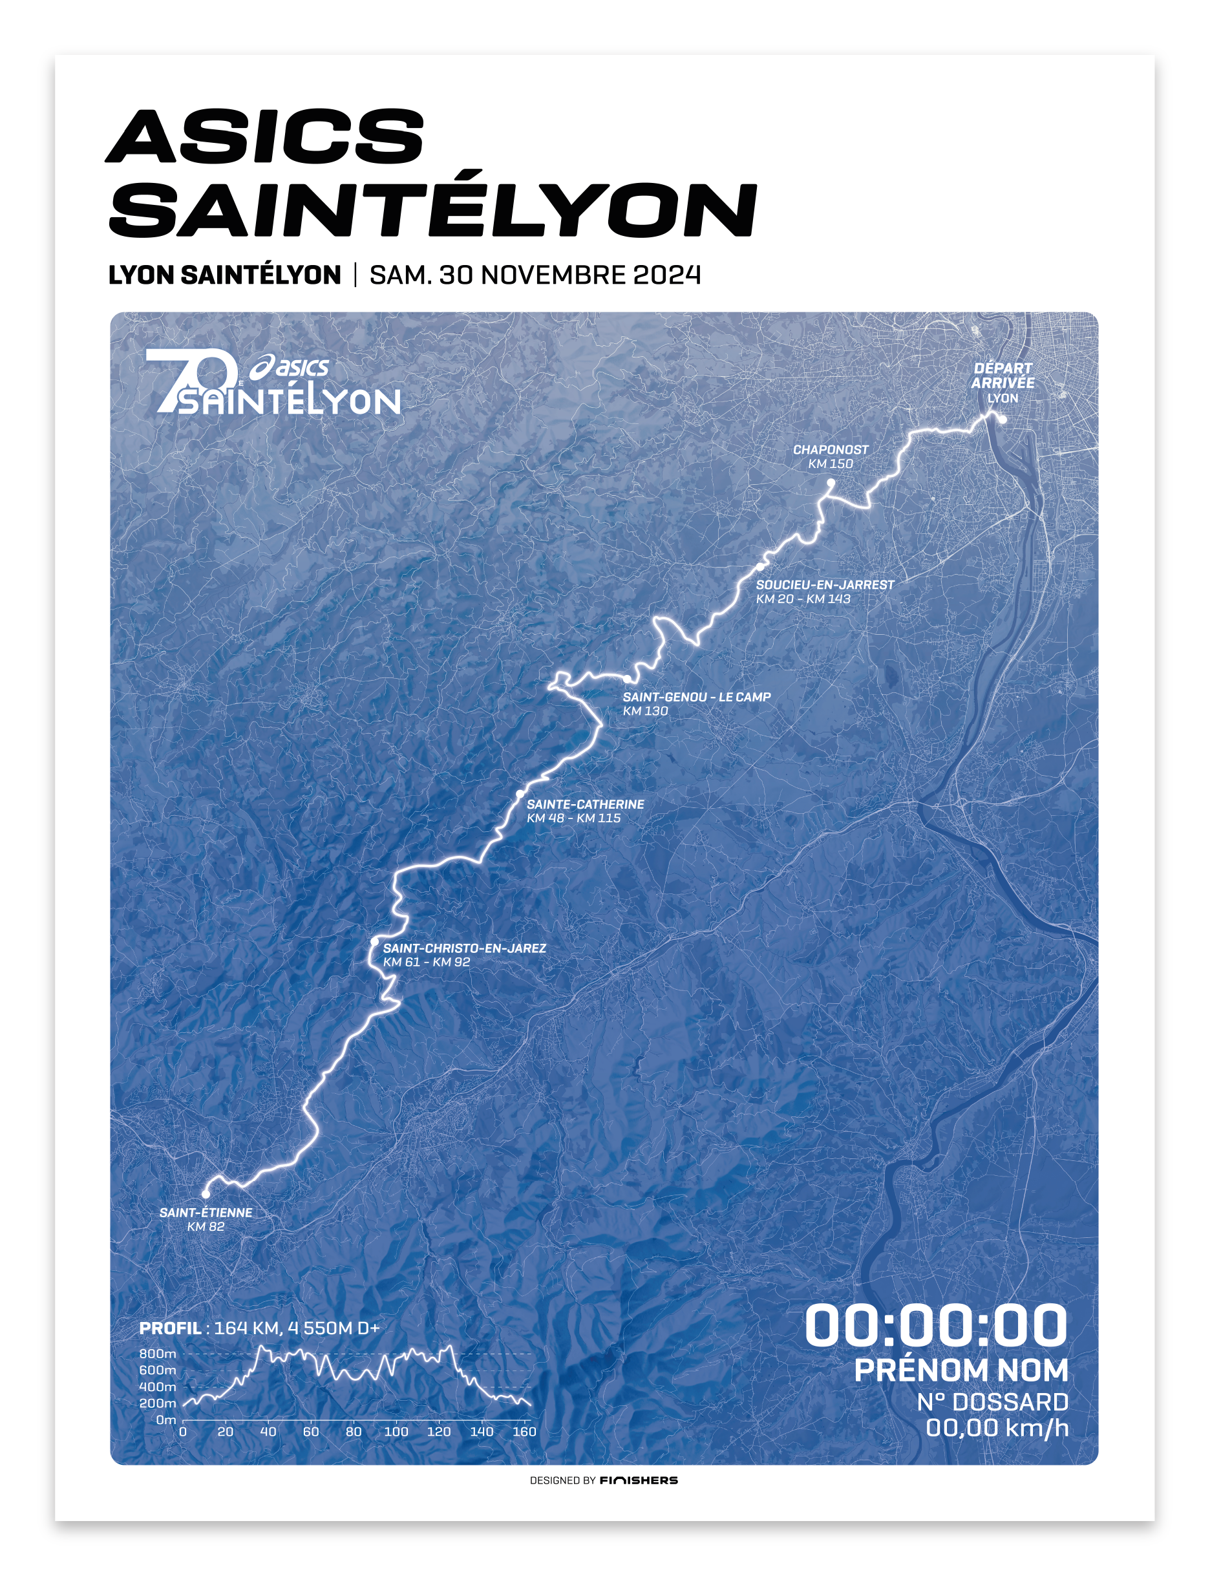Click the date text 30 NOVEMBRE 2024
click(569, 275)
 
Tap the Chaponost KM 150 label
click(831, 456)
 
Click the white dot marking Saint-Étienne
click(206, 1194)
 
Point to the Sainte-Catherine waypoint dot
click(520, 794)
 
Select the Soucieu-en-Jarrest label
click(825, 585)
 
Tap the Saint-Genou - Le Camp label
click(697, 697)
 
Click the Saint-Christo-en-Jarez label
click(464, 948)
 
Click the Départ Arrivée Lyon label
click(1003, 383)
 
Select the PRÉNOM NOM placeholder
click(961, 1370)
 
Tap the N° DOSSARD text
click(992, 1402)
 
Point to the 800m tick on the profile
click(158, 1354)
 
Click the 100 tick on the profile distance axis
click(396, 1432)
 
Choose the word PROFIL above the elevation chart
click(170, 1328)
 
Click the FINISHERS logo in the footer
click(639, 1480)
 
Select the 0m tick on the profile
click(165, 1420)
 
